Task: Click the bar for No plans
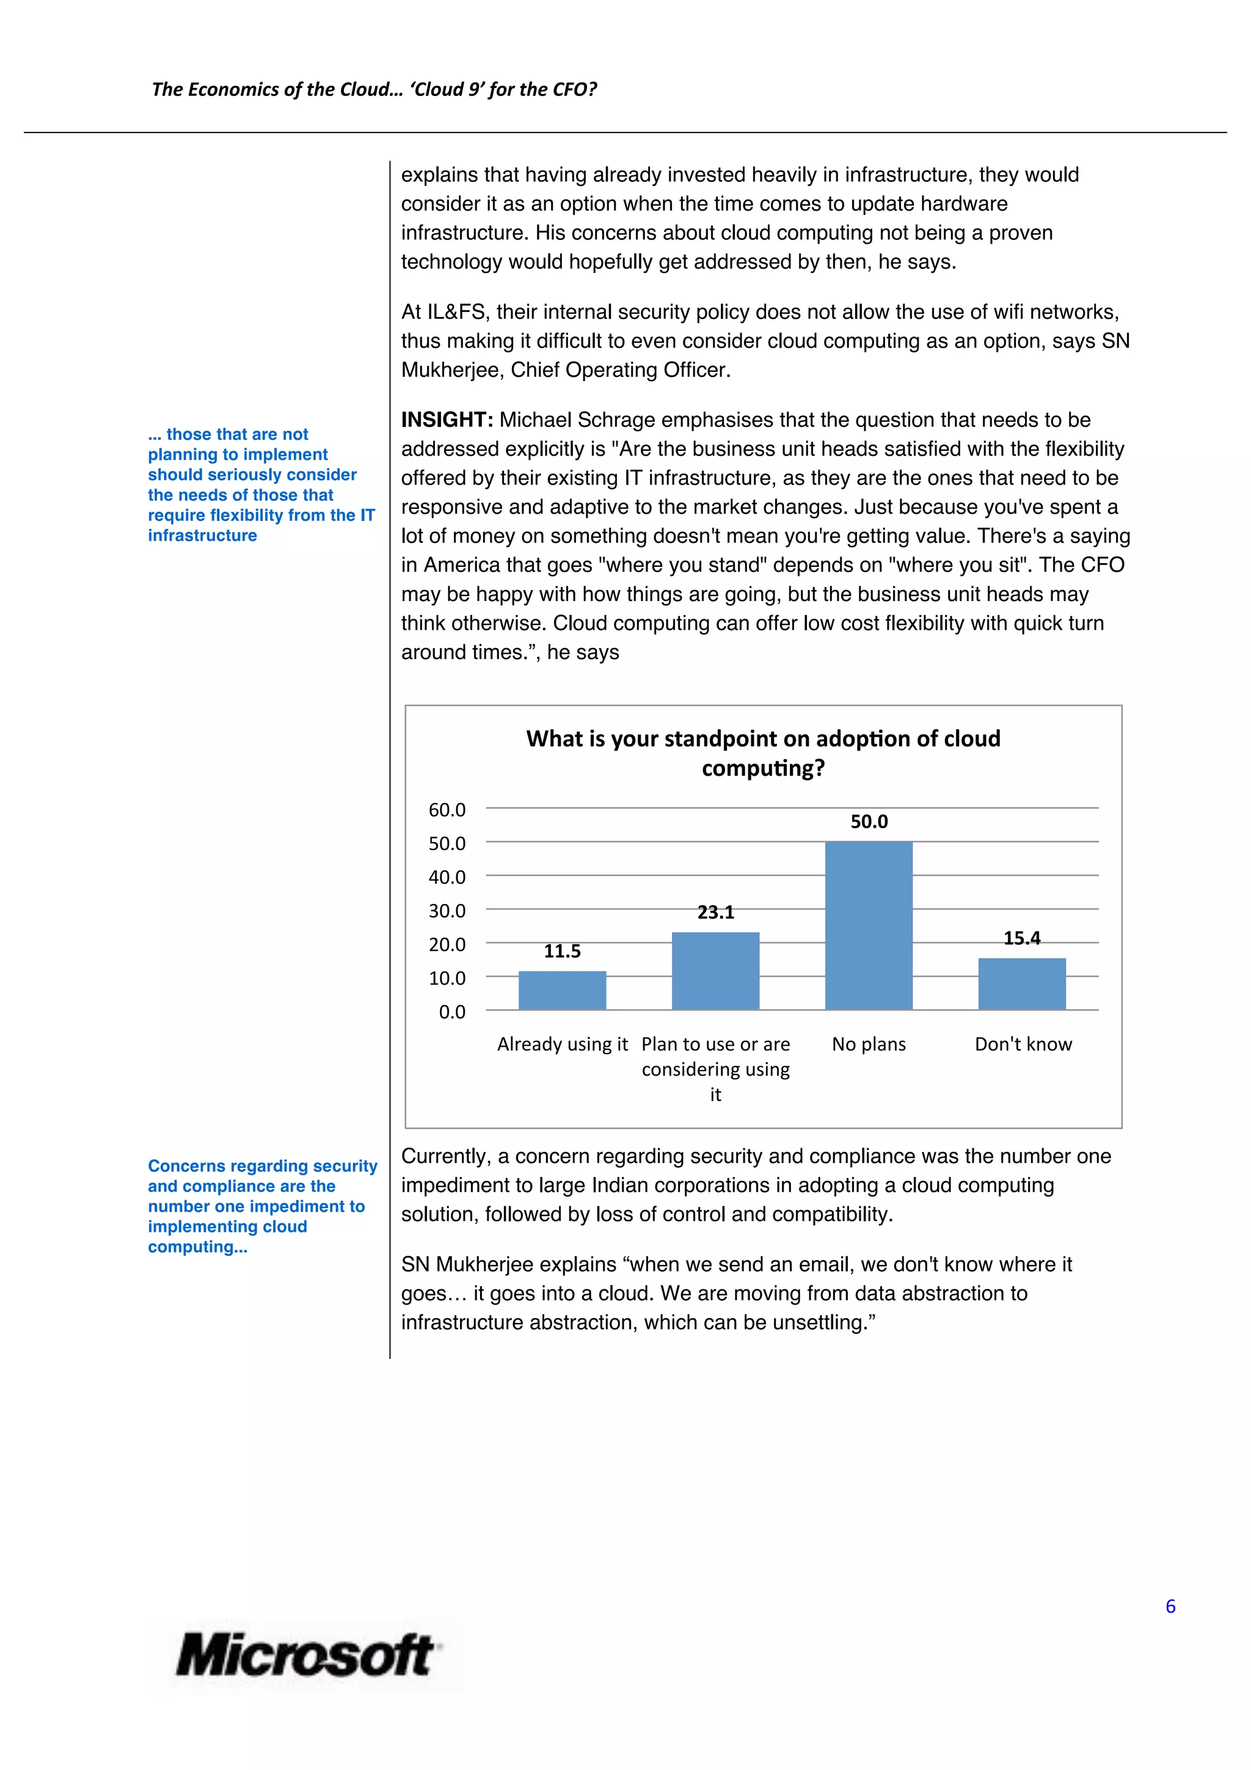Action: pyautogui.click(x=869, y=925)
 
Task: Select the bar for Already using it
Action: pyautogui.click(x=562, y=991)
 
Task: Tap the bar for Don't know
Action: pyautogui.click(x=1021, y=985)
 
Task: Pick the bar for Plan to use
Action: pyautogui.click(x=715, y=971)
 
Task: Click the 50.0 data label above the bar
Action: pyautogui.click(x=869, y=822)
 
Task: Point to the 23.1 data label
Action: pyautogui.click(x=715, y=912)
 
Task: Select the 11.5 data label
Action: pyautogui.click(x=562, y=952)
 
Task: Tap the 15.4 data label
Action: pyautogui.click(x=1021, y=938)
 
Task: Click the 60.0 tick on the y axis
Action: pyautogui.click(x=447, y=810)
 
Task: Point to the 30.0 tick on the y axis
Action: pyautogui.click(x=447, y=911)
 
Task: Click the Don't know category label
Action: pyautogui.click(x=1023, y=1044)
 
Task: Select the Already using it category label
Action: pyautogui.click(x=562, y=1044)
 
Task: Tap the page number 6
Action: pyautogui.click(x=1170, y=1606)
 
